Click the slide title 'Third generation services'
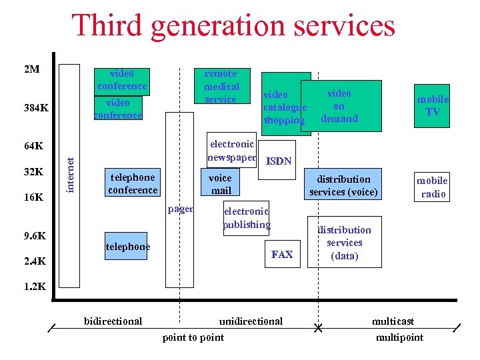233,26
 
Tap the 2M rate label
31,69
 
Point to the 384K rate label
35,108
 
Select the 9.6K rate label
34,236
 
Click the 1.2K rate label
34,287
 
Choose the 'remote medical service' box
221,86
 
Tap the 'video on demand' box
340,106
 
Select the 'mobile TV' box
432,105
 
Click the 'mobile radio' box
432,187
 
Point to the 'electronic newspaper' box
231,151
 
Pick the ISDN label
279,161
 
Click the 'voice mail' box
220,184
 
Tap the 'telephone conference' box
133,183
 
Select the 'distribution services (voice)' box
343,186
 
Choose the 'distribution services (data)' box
345,242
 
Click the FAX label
282,254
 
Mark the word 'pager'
180,209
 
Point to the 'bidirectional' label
113,321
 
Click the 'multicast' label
393,321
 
